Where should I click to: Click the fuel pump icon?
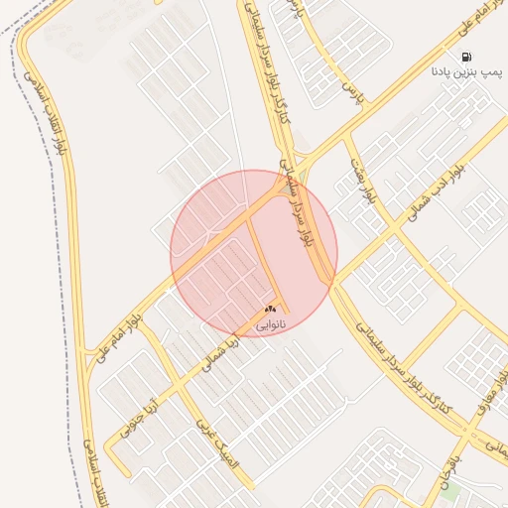click(x=467, y=57)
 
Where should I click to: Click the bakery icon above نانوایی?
click(x=270, y=310)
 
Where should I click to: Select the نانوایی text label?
click(x=270, y=323)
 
